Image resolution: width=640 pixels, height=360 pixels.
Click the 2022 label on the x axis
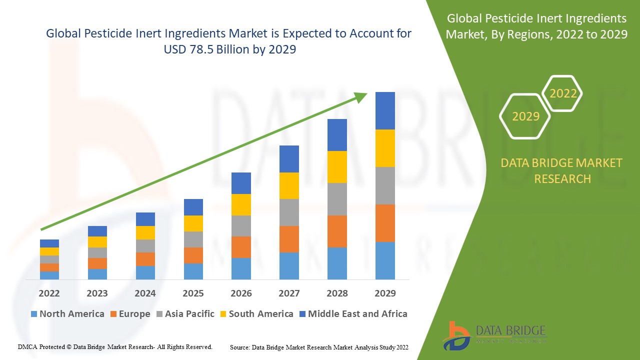click(x=49, y=293)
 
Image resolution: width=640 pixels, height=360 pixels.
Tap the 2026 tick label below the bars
click(x=241, y=293)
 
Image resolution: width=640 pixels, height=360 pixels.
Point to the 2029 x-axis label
click(x=385, y=293)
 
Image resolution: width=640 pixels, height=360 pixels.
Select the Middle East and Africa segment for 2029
click(x=385, y=110)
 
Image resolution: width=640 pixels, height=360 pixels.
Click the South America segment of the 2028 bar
click(x=337, y=167)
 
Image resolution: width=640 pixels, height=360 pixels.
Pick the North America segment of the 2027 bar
click(x=289, y=265)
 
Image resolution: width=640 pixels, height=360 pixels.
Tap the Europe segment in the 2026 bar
click(x=241, y=247)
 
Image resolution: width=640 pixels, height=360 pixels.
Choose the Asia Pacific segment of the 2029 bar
click(x=385, y=185)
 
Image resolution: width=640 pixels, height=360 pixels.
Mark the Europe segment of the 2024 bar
click(x=145, y=259)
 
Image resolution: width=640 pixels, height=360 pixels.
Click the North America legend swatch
click(x=34, y=314)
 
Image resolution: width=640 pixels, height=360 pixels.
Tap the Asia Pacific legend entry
click(x=185, y=314)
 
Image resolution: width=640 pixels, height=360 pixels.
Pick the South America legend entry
click(x=256, y=314)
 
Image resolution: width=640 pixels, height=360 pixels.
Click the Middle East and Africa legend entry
click(x=353, y=314)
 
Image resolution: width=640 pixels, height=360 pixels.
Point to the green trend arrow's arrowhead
click(x=360, y=97)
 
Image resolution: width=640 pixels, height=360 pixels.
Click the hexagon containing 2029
click(x=525, y=116)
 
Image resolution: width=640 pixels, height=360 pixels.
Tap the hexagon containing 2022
click(x=563, y=93)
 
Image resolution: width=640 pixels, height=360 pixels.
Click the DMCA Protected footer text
click(x=115, y=346)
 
